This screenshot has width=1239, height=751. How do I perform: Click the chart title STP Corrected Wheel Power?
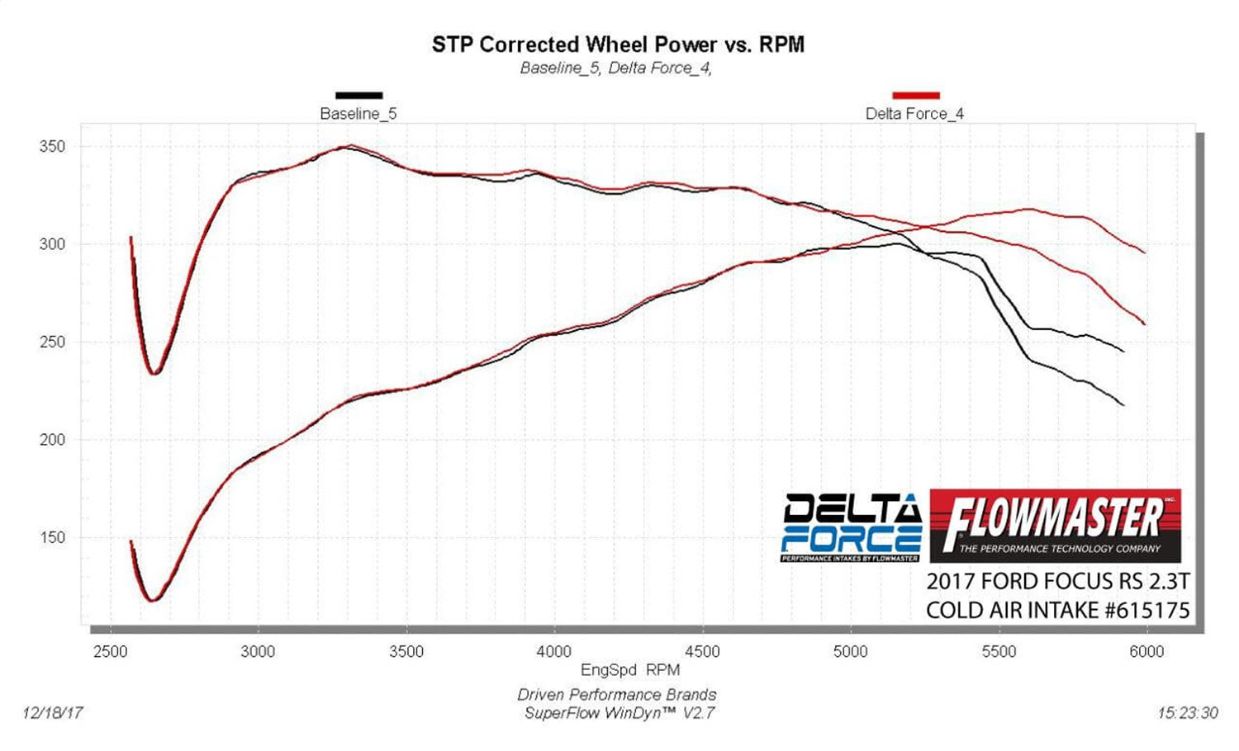(x=618, y=45)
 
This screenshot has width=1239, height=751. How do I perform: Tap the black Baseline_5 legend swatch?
(x=358, y=96)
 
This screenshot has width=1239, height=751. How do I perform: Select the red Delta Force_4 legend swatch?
(x=916, y=96)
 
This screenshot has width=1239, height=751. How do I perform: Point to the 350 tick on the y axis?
(x=52, y=147)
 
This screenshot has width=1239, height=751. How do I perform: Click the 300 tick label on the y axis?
(x=52, y=244)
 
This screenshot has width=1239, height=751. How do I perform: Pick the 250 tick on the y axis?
(x=52, y=342)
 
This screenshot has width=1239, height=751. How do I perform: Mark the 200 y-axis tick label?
(x=52, y=440)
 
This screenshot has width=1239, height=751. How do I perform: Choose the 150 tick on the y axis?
(x=52, y=537)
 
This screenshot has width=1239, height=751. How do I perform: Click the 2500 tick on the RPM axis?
(x=110, y=652)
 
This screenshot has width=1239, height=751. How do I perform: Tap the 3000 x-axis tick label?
(x=258, y=652)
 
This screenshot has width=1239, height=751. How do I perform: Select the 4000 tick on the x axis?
(x=554, y=652)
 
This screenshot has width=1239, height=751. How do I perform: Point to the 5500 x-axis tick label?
(x=999, y=652)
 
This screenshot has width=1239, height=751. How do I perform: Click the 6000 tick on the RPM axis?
(x=1146, y=652)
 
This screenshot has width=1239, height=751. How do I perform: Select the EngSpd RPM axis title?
(x=630, y=670)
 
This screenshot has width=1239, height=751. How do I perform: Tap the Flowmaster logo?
(x=1055, y=526)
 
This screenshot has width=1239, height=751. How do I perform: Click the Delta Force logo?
(x=851, y=527)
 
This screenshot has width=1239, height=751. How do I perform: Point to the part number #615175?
(x=1147, y=611)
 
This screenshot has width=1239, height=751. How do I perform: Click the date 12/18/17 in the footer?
(x=53, y=712)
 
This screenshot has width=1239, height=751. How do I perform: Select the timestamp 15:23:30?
(x=1187, y=713)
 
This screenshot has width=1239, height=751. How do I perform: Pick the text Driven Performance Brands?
(x=617, y=695)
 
